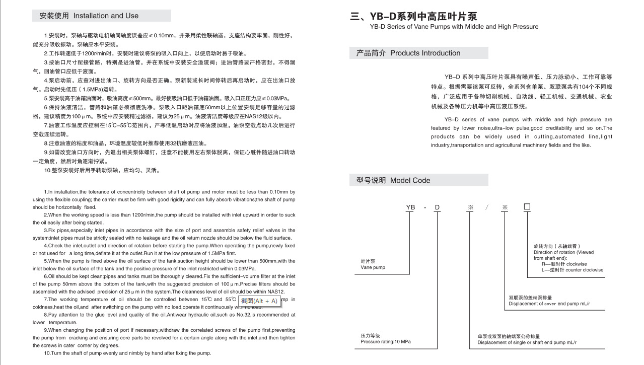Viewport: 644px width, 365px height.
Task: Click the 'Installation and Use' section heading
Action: [106, 16]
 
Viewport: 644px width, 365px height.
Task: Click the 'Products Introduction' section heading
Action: [425, 53]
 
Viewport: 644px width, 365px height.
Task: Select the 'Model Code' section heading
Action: [410, 180]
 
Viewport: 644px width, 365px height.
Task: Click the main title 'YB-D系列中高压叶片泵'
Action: [413, 16]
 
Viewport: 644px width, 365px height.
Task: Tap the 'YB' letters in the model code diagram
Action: [410, 207]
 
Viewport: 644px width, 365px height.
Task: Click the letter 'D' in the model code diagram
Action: [437, 207]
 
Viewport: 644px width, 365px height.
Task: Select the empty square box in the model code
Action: [527, 207]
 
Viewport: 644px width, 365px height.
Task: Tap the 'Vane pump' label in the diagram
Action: [373, 267]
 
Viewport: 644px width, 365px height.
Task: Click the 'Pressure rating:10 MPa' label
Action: [386, 342]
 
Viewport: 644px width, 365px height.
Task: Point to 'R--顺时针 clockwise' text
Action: [564, 264]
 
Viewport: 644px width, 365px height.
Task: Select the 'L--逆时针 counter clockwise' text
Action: [572, 270]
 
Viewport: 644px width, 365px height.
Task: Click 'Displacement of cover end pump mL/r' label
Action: [549, 304]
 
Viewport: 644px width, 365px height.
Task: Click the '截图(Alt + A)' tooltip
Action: [259, 301]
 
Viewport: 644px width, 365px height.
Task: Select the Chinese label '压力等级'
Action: [370, 335]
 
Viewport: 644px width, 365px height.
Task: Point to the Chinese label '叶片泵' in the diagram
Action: [368, 261]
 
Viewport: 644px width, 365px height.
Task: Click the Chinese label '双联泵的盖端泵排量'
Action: [530, 298]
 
